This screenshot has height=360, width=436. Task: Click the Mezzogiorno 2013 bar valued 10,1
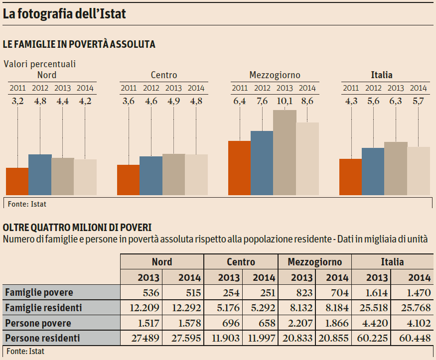coord(285,152)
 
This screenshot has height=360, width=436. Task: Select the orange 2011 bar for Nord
coord(17,181)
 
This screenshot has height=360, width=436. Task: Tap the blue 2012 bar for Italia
coord(373,171)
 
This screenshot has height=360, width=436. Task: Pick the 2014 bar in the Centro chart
coord(196,175)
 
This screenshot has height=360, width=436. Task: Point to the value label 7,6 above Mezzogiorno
coord(262,102)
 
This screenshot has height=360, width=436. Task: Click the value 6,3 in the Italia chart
coord(396,102)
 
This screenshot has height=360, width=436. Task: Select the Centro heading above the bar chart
coord(163,75)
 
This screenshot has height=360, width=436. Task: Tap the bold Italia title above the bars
coord(382,75)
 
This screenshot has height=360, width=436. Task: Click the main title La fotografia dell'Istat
coord(64,14)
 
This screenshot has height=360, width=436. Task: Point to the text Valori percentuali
coord(40,64)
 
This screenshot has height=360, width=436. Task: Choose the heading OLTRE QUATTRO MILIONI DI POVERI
coord(77,228)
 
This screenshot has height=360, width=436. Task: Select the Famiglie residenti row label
coord(43,308)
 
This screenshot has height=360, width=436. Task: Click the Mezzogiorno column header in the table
coord(314,262)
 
